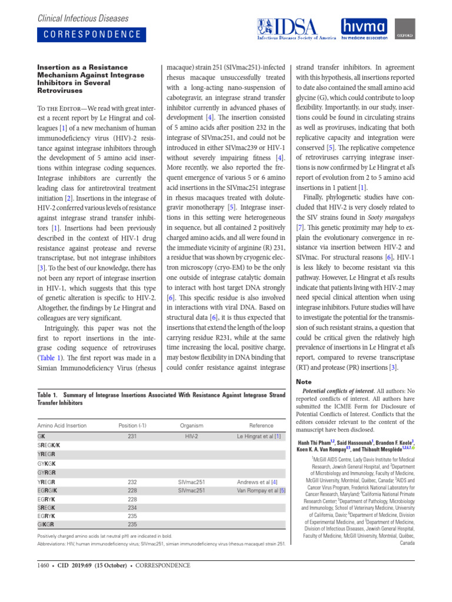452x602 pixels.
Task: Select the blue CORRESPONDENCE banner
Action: pyautogui.click(x=93, y=34)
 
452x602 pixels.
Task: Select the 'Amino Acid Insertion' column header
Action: pyautogui.click(x=62, y=425)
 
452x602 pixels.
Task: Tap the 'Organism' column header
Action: pyautogui.click(x=191, y=425)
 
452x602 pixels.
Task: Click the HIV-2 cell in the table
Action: pyautogui.click(x=191, y=436)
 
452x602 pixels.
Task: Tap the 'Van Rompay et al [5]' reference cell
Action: pyautogui.click(x=261, y=490)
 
